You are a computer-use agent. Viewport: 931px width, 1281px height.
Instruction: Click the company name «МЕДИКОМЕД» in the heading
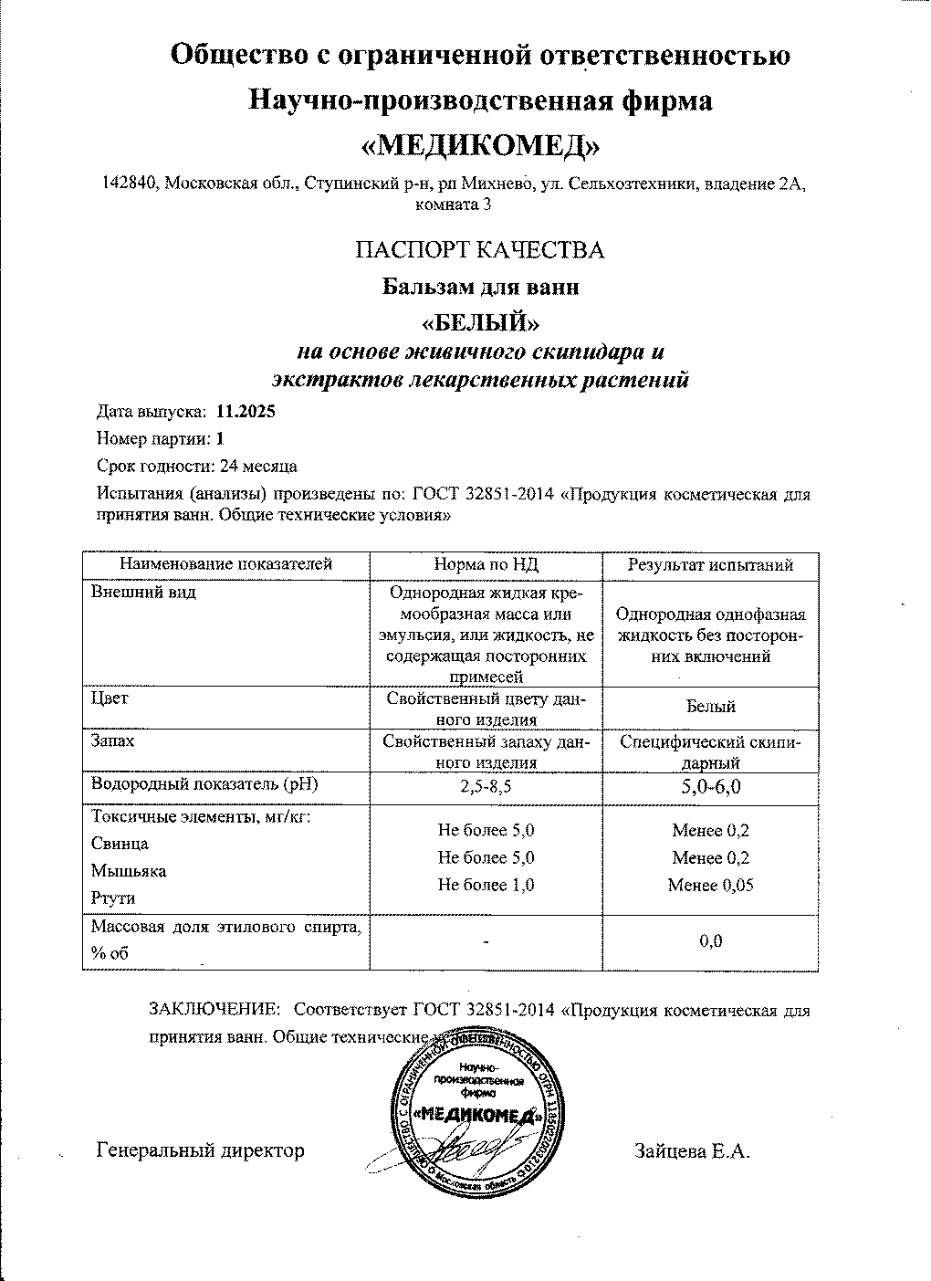tap(481, 145)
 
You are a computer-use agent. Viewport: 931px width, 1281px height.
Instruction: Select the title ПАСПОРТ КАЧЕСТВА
tap(480, 250)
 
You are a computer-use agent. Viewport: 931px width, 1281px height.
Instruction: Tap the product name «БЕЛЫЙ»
tap(479, 322)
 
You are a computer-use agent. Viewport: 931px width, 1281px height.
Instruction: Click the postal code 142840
tap(129, 184)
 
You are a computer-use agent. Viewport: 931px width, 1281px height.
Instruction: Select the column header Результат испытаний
tap(710, 565)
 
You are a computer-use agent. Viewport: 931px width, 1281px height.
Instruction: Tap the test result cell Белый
tap(711, 706)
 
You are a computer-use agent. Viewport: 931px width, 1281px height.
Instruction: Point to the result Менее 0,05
tap(711, 885)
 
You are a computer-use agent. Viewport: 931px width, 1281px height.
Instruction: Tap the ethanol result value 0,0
tap(711, 941)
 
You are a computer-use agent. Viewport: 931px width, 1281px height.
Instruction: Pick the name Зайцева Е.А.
tap(692, 1151)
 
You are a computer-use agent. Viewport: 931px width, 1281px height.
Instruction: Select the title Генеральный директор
tap(200, 1151)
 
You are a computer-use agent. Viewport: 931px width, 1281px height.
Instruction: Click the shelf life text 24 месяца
tap(258, 467)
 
